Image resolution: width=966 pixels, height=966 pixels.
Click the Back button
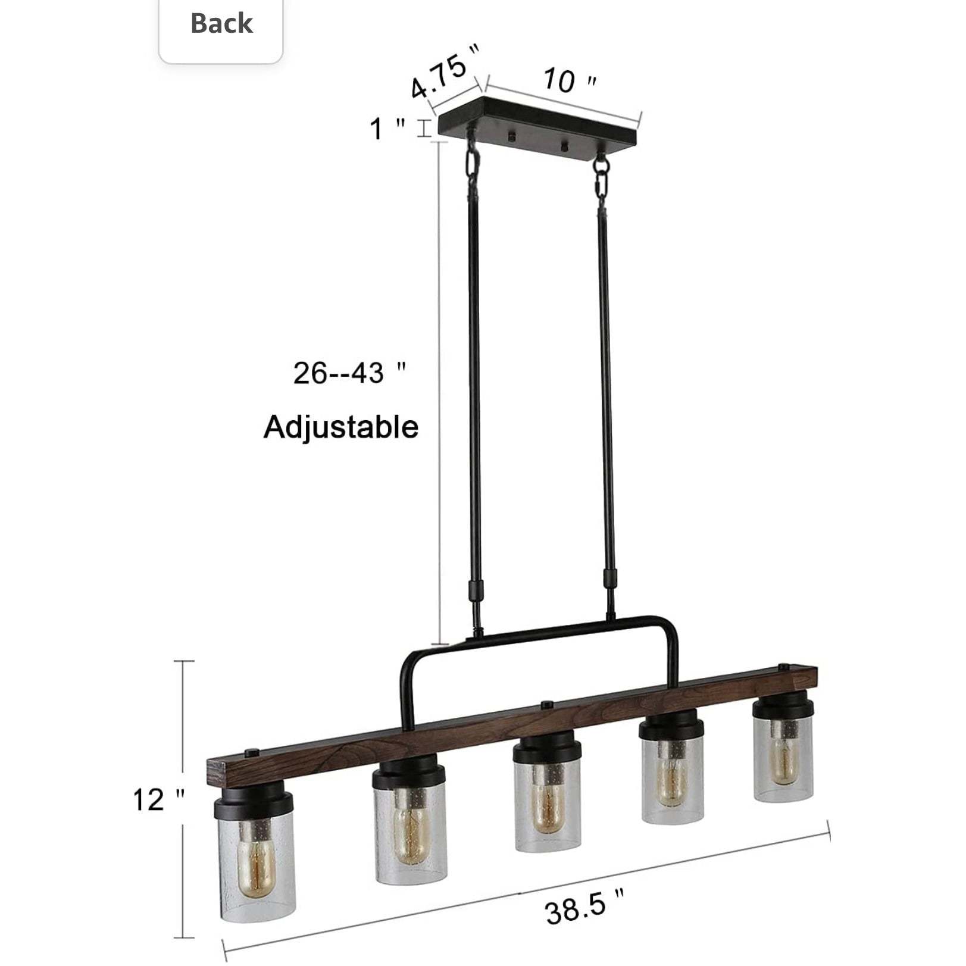click(x=221, y=24)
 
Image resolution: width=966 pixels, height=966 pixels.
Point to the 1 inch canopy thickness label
click(x=387, y=128)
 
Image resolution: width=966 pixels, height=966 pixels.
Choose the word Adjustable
click(x=341, y=427)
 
